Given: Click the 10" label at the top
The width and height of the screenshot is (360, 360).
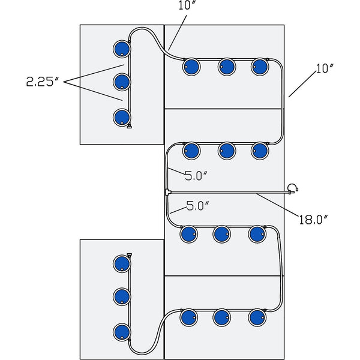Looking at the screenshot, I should pos(187,6).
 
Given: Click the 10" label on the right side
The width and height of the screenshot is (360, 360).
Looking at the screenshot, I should pos(324,68).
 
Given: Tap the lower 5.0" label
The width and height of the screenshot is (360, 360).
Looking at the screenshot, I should pos(197,206).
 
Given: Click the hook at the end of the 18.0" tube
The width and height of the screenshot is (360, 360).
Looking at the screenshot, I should pos(292,188).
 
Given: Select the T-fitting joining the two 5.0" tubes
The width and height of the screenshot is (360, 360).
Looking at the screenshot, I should pos(167,192).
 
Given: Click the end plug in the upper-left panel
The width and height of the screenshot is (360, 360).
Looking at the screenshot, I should pos(129,126).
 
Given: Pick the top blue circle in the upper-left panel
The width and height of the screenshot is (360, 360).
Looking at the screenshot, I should pos(122,48).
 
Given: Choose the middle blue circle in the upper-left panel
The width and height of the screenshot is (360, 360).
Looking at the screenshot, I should pos(122,82).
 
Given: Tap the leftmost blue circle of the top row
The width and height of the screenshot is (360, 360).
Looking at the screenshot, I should pos(191,67).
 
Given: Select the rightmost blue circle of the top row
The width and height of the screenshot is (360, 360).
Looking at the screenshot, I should pos(260,67).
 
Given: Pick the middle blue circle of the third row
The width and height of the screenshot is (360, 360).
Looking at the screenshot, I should pos(222,233).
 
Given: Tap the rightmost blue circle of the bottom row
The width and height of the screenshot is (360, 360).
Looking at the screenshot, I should pos(257,317).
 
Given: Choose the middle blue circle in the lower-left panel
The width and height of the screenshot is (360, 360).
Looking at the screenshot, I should pos(122,296).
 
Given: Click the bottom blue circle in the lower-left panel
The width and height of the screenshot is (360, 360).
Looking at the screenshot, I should pos(122,331).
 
